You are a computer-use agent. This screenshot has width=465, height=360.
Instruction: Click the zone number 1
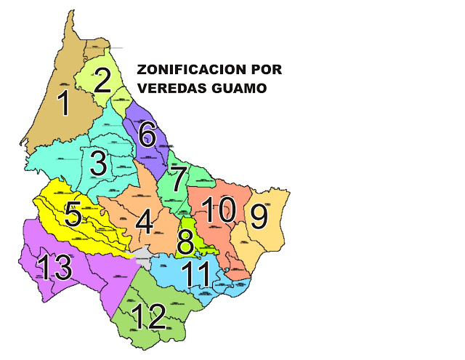tap(65, 104)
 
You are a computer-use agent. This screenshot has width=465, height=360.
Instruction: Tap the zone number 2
tap(103, 79)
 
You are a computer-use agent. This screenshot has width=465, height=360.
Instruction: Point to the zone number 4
tap(145, 222)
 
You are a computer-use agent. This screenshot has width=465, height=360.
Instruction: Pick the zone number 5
tap(73, 214)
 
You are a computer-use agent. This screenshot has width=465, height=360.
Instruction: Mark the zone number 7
tap(177, 179)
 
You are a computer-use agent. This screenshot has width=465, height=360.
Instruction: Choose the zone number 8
tap(186, 241)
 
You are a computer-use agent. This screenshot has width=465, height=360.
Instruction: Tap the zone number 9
tap(258, 215)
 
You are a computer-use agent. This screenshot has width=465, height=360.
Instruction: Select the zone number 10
tap(219, 211)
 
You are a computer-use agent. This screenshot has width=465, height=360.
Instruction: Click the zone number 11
tap(196, 275)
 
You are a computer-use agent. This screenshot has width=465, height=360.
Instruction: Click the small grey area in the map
tap(142, 255)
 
